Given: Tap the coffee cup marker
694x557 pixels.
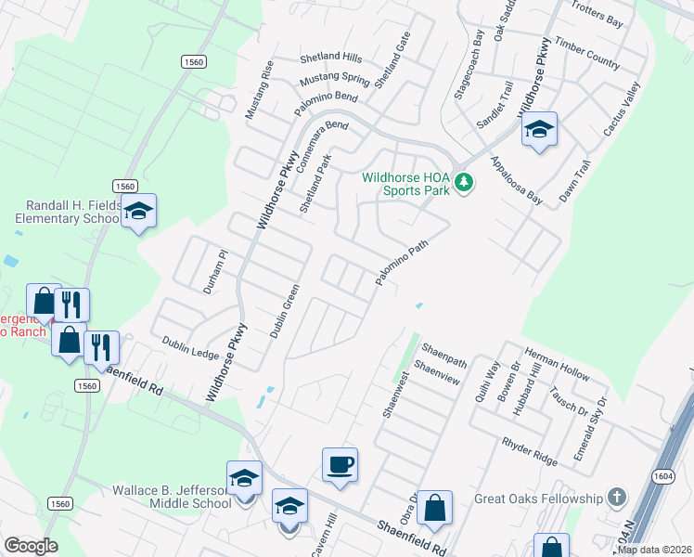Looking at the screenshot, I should coord(341,464).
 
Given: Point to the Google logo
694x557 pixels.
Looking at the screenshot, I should coord(30,546).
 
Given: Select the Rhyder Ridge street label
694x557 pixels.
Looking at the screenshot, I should coord(530,450).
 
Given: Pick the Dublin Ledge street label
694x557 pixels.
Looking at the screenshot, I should coord(189,348).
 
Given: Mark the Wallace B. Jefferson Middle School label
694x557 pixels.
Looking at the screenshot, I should coord(172,496).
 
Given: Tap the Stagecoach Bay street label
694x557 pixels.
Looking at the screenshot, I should coord(467,64).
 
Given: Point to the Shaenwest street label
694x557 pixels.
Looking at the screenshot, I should coord(396,395).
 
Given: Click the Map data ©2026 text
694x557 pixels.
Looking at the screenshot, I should coord(654,550).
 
